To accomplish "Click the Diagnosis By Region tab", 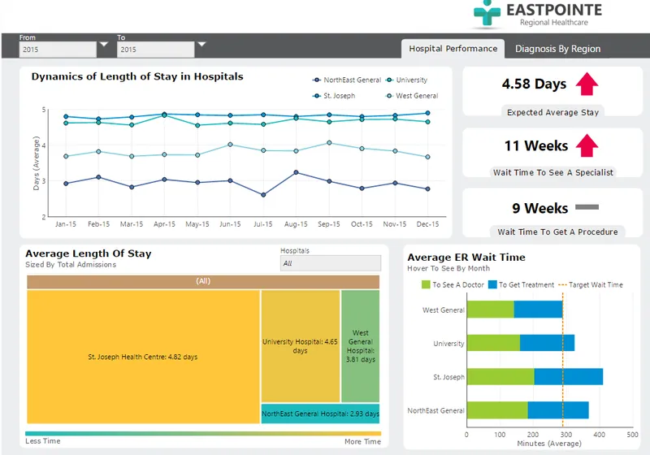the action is [x=557, y=49].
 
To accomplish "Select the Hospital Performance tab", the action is [x=453, y=49].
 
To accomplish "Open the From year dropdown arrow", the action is [x=104, y=44].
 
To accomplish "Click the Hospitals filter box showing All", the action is [x=331, y=263].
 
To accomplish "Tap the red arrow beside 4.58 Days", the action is [x=587, y=84].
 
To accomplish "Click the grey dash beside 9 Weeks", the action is [x=587, y=207].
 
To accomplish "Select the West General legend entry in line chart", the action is [x=412, y=96].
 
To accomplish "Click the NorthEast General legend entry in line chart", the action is [x=347, y=80].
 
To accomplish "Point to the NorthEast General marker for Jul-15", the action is [x=263, y=195].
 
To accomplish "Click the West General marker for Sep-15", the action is [x=329, y=143].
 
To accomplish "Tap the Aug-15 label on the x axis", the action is [x=296, y=224].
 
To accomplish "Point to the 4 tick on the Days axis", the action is [x=44, y=145].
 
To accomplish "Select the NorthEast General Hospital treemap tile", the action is [x=320, y=414].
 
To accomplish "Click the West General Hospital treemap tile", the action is [x=360, y=346].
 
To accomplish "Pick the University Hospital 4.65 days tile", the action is [x=300, y=346].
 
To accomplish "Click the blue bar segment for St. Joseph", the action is [x=568, y=377].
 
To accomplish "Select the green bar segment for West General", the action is [x=491, y=310].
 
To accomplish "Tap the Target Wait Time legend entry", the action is [x=591, y=285].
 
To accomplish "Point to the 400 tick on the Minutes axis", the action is [x=599, y=435].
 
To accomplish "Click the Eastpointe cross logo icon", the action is [x=487, y=13].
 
